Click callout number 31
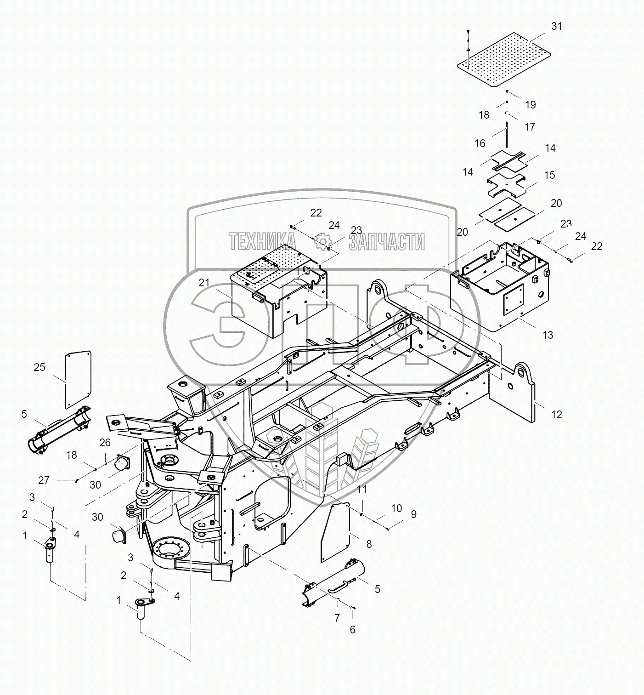point(556,26)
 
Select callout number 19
point(530,105)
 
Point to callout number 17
point(530,126)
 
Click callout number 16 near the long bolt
point(480,143)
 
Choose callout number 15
point(549,175)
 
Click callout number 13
point(548,335)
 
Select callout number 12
point(556,415)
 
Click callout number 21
point(204,283)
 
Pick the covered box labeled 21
point(276,294)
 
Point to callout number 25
point(40,367)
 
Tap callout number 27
point(44,480)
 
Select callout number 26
point(105,443)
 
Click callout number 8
point(368,544)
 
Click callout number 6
point(352,630)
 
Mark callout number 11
point(362,490)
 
